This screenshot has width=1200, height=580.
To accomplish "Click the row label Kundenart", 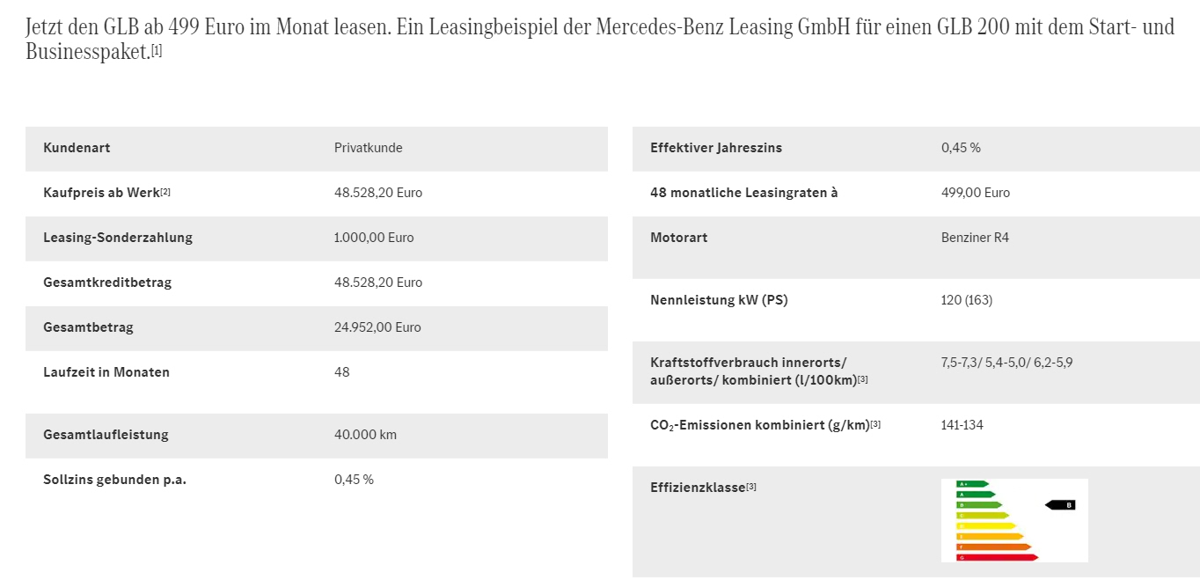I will coord(77,148).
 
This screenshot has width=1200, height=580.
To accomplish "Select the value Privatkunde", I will coord(368,148).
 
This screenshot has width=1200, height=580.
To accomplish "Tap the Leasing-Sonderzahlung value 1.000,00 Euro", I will coord(374,238).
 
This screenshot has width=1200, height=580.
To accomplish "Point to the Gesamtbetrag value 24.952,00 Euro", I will coord(377,327).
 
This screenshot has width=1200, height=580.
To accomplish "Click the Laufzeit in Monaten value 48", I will coord(341,372).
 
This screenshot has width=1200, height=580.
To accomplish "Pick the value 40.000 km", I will coord(365,435).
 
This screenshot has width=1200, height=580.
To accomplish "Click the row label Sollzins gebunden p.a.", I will coord(114,480).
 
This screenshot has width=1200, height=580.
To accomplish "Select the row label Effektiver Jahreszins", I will coord(715,148).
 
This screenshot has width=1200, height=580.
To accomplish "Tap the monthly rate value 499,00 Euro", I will coord(975,193).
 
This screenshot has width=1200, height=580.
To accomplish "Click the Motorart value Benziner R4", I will coord(975,238).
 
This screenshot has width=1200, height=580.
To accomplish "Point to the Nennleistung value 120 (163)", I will coord(966,300).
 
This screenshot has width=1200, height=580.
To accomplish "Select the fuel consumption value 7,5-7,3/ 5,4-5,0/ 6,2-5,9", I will coord(1006,363).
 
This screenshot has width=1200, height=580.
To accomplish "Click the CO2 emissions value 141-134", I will coord(962,425).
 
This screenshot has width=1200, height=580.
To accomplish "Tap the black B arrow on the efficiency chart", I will coord(1061,505).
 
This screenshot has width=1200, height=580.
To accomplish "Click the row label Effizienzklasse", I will coord(697,488).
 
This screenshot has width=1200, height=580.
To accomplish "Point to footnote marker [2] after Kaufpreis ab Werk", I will coord(165,192).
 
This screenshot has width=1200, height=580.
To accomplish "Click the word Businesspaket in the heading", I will coord(87,52).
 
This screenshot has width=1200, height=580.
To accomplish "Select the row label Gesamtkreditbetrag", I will coord(107,283).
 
